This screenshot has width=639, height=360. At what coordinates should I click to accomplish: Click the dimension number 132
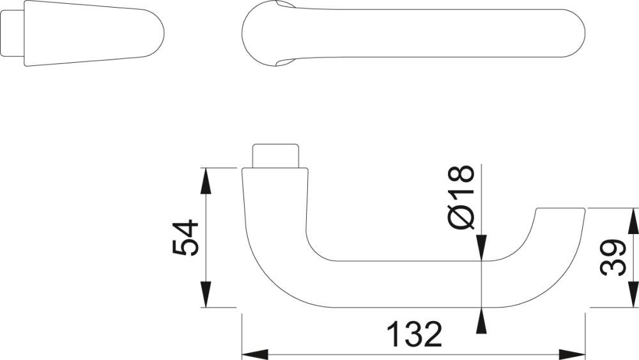coord(414,334)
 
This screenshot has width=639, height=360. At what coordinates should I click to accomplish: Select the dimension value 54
coord(187,238)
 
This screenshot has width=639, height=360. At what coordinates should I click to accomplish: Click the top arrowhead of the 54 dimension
coord(206,180)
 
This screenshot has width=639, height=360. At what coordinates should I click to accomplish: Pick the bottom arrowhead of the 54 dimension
coord(206,295)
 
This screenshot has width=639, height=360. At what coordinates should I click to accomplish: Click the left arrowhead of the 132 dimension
coord(254,353)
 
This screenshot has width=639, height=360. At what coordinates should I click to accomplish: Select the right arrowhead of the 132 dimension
coord(573,353)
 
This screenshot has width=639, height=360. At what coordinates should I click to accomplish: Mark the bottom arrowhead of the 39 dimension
coord(633,295)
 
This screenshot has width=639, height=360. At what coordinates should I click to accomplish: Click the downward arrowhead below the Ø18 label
coord(481,249)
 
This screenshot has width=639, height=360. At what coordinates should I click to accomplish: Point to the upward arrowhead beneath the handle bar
coord(481,319)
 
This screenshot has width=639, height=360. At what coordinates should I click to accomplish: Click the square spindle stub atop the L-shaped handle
coord(277,155)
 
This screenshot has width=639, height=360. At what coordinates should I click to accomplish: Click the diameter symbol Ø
coord(462,217)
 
